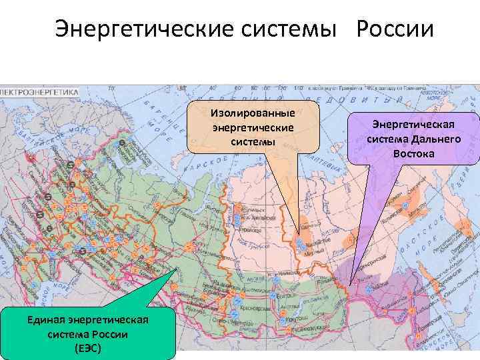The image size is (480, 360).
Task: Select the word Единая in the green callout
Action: pos(45,321)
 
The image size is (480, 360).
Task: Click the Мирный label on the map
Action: pos(308,253)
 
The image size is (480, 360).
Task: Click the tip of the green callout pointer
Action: pos(177,269)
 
